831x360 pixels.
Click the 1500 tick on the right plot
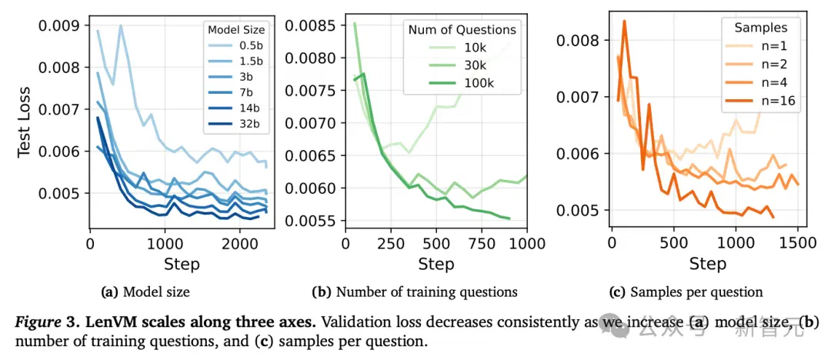click(x=797, y=243)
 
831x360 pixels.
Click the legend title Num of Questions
click(x=462, y=30)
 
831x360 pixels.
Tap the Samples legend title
click(x=759, y=26)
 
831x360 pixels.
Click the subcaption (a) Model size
click(x=145, y=292)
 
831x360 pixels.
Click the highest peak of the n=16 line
click(x=624, y=22)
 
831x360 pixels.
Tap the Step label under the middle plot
click(x=436, y=264)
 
